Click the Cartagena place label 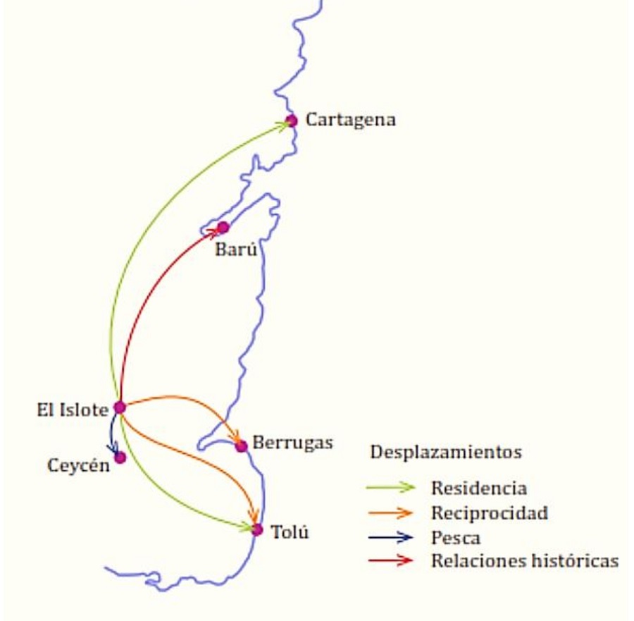(x=350, y=120)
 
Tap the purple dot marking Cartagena (x=292, y=121)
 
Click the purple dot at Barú (x=223, y=227)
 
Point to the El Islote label (x=72, y=409)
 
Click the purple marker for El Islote (x=120, y=407)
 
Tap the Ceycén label (x=79, y=466)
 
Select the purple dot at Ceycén (x=120, y=457)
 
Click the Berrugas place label (x=292, y=443)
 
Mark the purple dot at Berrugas (x=241, y=445)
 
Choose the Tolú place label (x=290, y=532)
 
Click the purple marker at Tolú (x=257, y=529)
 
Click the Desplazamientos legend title (x=447, y=452)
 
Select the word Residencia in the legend (x=479, y=488)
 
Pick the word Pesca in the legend (x=456, y=537)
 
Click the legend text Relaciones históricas (x=525, y=561)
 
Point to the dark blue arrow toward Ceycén (x=111, y=434)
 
